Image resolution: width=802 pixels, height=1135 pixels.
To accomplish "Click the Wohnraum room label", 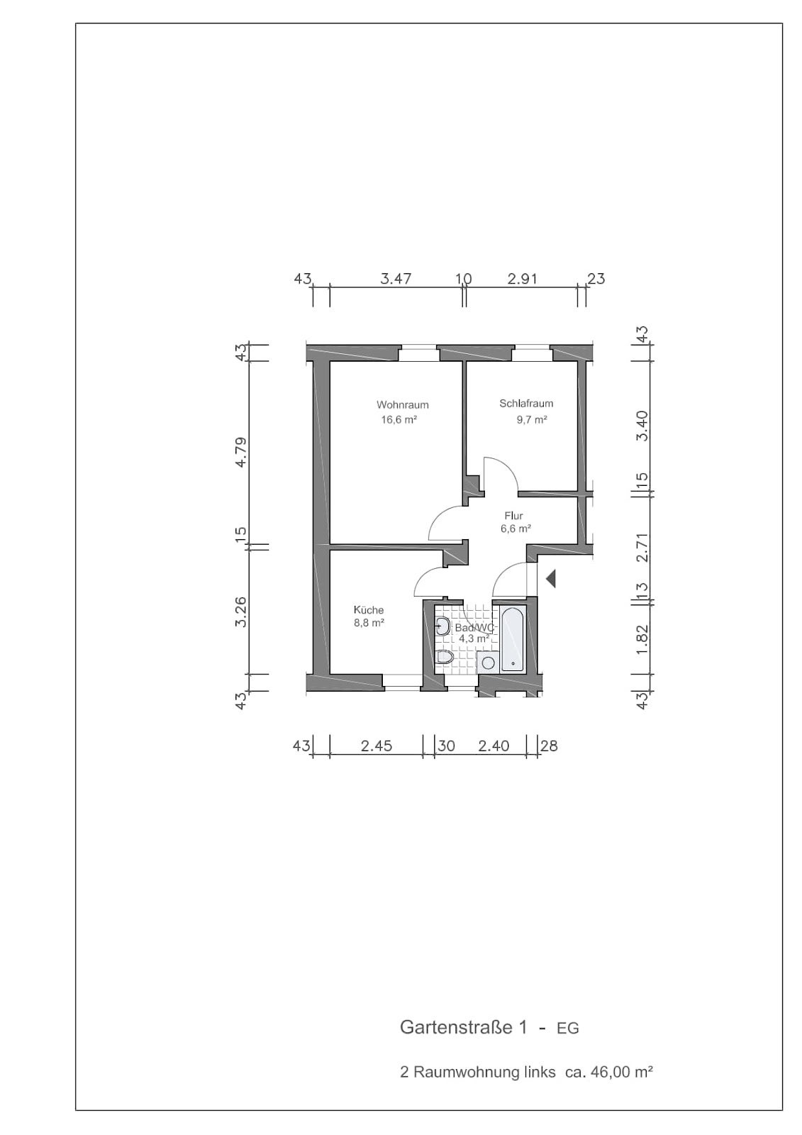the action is click(x=402, y=405).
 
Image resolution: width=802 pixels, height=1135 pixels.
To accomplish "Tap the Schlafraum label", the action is click(x=526, y=404).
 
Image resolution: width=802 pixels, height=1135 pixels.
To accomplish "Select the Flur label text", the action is click(x=513, y=516).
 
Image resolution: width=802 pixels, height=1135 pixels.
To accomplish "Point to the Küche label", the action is click(x=368, y=610).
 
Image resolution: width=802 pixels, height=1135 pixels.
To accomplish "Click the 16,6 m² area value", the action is click(x=399, y=419).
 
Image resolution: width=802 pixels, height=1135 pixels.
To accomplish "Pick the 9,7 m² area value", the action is click(x=531, y=419).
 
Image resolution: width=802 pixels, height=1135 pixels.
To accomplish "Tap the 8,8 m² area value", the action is click(x=368, y=624).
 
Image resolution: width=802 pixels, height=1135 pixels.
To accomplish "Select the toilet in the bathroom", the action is click(x=445, y=657).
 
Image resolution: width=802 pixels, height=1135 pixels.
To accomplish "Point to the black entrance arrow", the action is click(x=551, y=578).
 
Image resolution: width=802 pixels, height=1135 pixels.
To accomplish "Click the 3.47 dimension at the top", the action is click(x=396, y=279).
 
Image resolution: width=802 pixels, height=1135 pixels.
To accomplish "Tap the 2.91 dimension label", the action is click(x=522, y=279).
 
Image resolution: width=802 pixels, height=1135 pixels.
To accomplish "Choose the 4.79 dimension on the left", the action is click(x=242, y=452).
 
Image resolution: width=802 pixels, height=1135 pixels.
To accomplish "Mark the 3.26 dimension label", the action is click(x=242, y=612).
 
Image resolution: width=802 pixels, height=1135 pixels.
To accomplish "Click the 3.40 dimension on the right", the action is click(x=642, y=426).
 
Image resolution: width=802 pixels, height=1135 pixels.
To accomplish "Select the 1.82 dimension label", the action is click(x=642, y=638).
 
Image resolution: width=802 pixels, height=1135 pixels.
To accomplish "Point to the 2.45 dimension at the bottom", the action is click(x=376, y=746).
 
